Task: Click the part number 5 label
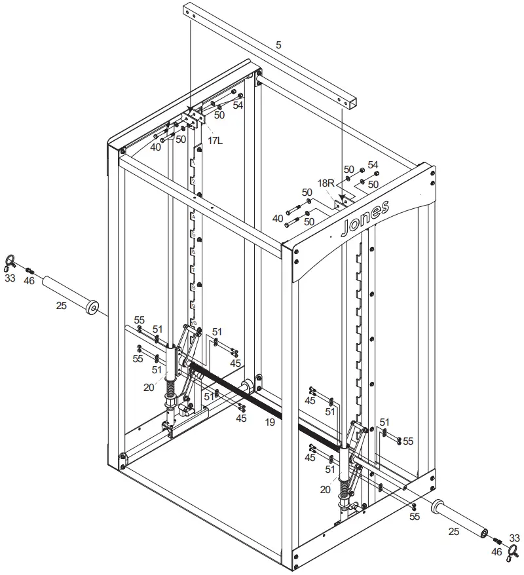coord(278,45)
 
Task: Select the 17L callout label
coord(214,140)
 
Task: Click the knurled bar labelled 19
coord(262,399)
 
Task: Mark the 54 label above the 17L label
coord(238,105)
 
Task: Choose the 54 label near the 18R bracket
coord(373,164)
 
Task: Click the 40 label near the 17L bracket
coord(156,147)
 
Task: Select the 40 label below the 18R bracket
coord(278,218)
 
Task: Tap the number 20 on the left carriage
coord(149,386)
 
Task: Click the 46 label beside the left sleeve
coord(29,280)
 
